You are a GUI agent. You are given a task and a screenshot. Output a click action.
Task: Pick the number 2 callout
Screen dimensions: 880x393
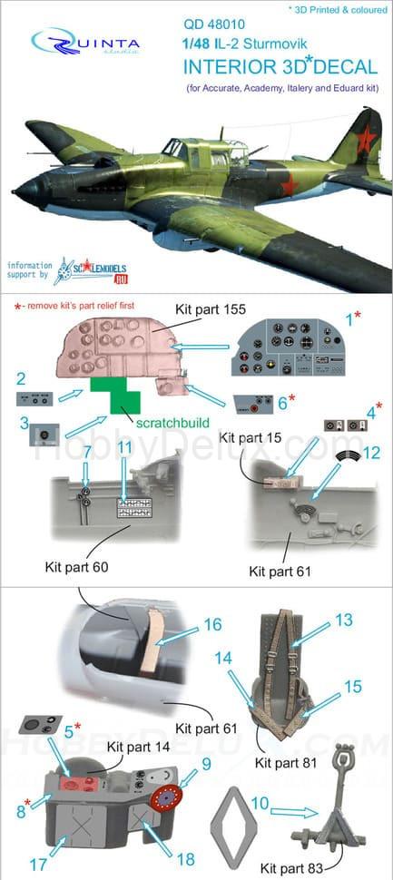coord(20,376)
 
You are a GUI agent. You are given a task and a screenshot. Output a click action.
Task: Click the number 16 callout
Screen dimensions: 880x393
coord(212,624)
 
